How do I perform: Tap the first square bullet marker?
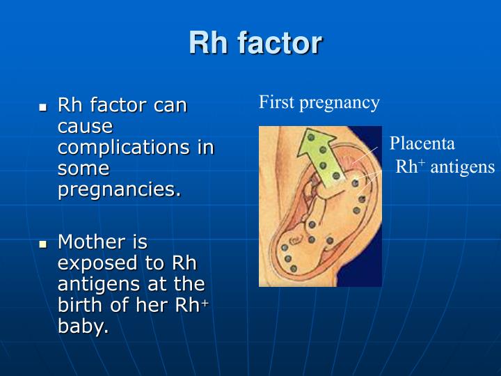(x=42, y=108)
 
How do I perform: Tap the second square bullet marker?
(x=42, y=244)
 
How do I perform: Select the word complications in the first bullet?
(x=136, y=148)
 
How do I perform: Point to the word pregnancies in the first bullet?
(x=118, y=189)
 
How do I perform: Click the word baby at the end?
(x=83, y=327)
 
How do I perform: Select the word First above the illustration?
(x=277, y=103)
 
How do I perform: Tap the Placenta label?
(x=422, y=144)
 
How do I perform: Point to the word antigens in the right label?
(x=462, y=167)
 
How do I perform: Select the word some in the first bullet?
(x=83, y=169)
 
